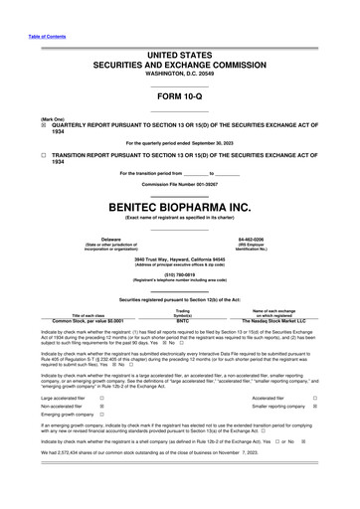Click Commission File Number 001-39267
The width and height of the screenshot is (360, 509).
click(x=180, y=185)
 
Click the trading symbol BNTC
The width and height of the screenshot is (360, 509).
click(x=182, y=320)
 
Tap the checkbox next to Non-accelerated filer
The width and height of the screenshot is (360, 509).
click(x=103, y=407)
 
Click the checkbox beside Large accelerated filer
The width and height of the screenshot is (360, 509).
click(x=103, y=397)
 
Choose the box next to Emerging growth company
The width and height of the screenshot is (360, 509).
click(x=103, y=417)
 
